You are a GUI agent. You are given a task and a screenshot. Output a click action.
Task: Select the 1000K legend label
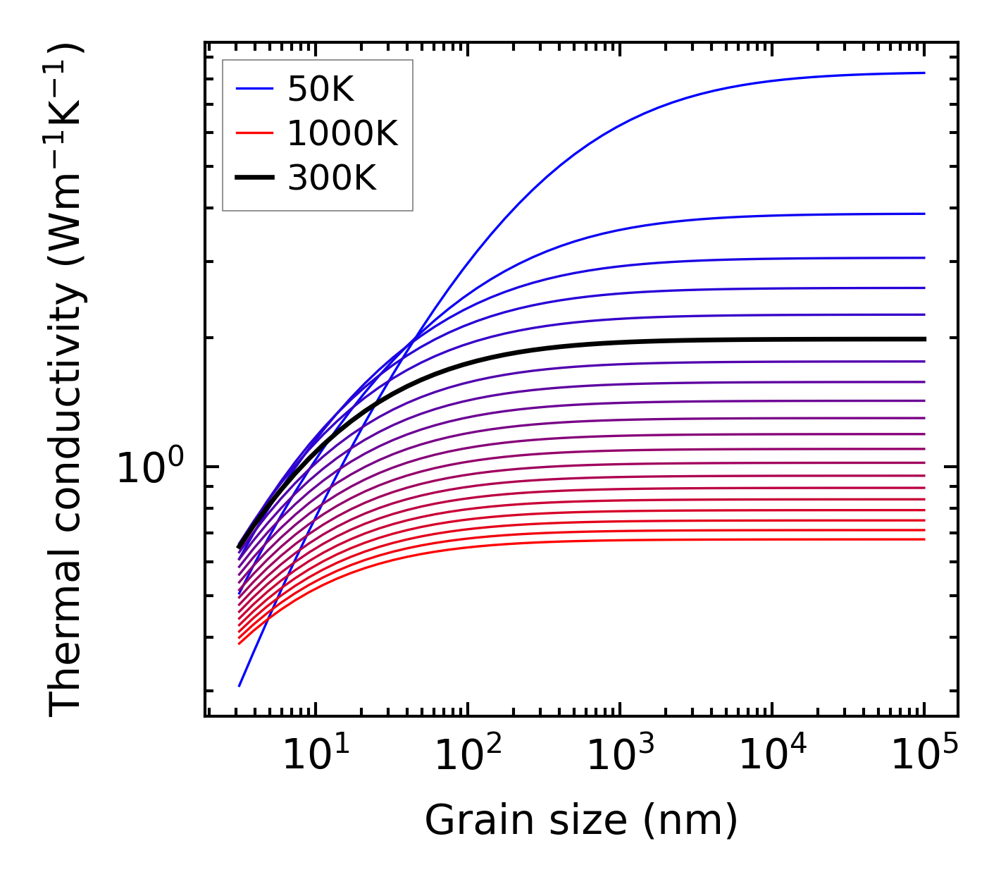click(342, 133)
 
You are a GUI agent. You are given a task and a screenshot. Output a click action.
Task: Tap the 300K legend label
click(332, 178)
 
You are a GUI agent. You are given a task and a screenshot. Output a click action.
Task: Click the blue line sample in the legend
click(254, 89)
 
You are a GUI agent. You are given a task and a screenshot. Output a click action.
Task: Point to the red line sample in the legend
click(254, 133)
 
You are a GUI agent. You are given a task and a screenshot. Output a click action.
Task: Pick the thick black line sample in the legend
click(254, 178)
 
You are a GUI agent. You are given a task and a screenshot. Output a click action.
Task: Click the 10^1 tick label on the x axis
click(315, 757)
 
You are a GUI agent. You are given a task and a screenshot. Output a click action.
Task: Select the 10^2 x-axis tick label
click(467, 757)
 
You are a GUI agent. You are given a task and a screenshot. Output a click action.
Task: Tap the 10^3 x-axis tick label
click(619, 757)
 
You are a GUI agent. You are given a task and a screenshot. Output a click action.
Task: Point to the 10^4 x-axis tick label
click(771, 757)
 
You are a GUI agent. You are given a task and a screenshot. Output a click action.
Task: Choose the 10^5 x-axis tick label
click(924, 757)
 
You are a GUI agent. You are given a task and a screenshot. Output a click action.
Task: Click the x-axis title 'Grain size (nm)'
click(581, 821)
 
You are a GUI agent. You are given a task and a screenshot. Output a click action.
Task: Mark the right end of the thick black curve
click(924, 339)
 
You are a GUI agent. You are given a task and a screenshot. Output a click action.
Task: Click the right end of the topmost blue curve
click(924, 73)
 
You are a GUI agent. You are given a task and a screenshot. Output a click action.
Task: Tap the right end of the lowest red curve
click(924, 539)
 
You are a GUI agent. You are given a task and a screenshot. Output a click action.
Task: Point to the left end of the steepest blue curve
click(240, 685)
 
